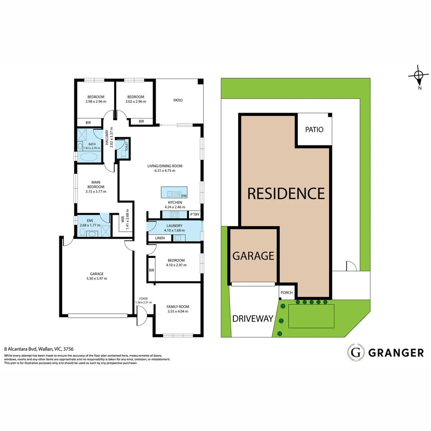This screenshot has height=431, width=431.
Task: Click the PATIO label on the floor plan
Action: (178, 100)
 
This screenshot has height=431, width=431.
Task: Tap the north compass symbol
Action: (418, 75)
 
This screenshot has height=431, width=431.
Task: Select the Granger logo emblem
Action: (356, 352)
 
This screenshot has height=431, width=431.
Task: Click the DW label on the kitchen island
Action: (184, 196)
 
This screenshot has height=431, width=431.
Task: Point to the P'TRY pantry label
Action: (194, 215)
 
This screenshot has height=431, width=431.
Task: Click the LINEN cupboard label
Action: (154, 238)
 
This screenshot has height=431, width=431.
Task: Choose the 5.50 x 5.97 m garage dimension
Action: (97, 279)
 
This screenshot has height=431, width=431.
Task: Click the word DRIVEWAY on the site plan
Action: (253, 318)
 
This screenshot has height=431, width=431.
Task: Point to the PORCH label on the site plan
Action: (287, 293)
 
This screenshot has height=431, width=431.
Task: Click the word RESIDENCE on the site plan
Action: (286, 193)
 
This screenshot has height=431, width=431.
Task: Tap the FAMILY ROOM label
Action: (178, 306)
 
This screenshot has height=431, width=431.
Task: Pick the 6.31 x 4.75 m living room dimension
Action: (165, 170)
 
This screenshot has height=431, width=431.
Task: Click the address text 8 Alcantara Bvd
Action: (24, 348)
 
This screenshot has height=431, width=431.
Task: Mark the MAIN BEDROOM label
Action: (95, 184)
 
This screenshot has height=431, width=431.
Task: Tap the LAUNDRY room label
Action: (174, 225)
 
